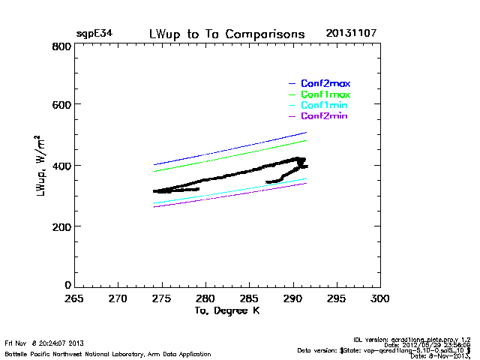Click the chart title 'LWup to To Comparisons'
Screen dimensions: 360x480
(x=226, y=34)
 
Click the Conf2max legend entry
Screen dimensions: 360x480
(x=325, y=83)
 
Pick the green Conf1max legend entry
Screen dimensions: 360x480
(x=325, y=94)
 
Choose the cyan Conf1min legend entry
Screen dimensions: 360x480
(x=325, y=106)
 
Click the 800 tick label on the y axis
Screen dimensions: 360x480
(x=61, y=46)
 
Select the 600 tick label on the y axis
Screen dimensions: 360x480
(x=61, y=105)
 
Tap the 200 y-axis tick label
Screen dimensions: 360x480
(x=61, y=226)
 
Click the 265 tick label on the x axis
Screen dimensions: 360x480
(x=73, y=298)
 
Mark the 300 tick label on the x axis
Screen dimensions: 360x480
(x=380, y=298)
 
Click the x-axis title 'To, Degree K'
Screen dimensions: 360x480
(x=226, y=310)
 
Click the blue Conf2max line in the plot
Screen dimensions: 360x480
(x=225, y=150)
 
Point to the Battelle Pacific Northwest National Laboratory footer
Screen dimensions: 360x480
(x=108, y=353)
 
